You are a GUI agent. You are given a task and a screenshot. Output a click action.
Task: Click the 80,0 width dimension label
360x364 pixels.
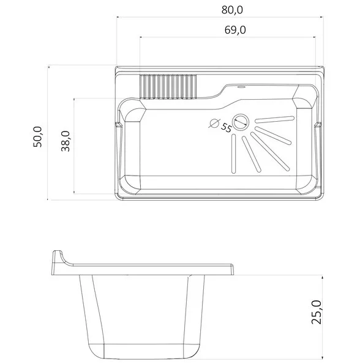point(232,10)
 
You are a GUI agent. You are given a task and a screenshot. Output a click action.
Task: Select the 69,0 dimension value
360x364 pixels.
point(235,30)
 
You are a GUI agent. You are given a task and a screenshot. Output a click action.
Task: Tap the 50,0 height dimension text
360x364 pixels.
point(37,137)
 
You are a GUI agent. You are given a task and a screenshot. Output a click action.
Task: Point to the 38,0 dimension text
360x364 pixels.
point(66,141)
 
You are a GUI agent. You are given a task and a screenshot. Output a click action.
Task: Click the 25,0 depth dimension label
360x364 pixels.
point(317,312)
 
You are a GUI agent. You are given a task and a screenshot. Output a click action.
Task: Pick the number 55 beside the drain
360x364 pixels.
point(226,127)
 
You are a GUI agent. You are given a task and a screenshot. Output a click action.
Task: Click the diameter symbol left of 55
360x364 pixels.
point(214,123)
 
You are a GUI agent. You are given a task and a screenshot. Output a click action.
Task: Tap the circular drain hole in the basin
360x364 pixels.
point(241,122)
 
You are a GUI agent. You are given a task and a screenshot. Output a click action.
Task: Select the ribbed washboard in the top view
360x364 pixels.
point(168,87)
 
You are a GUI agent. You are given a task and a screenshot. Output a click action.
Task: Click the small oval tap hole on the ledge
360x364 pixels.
point(241,87)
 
